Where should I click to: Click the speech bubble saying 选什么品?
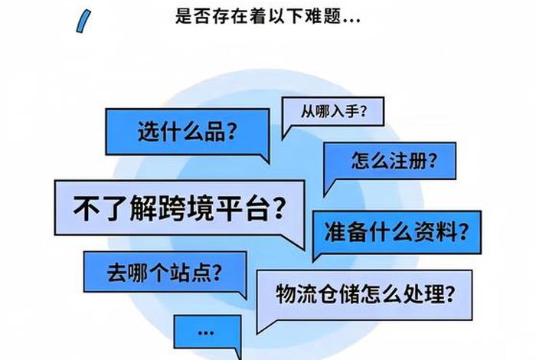[x=188, y=132]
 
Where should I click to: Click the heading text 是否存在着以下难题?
[x=268, y=16]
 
